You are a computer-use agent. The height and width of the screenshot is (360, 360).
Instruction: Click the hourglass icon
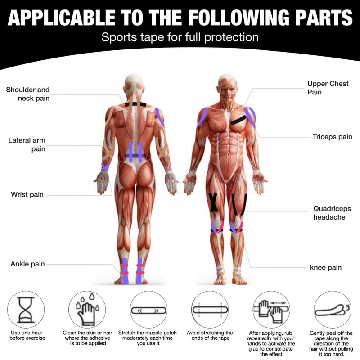coord(26,310)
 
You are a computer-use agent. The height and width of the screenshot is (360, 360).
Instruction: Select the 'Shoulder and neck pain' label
coord(28,94)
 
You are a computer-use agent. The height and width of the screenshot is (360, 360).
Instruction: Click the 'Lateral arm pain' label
coord(27,145)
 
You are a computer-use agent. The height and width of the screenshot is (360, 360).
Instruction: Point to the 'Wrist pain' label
coord(27,195)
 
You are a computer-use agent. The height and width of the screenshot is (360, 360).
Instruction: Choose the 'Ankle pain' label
coord(27,264)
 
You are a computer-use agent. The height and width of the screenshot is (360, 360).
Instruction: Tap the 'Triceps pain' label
coord(333,136)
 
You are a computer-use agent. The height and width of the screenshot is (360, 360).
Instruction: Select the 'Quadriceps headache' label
coord(329,213)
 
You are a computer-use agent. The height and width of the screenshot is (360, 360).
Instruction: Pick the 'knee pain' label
coord(326,267)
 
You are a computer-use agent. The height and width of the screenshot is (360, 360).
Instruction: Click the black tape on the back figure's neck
coord(135,104)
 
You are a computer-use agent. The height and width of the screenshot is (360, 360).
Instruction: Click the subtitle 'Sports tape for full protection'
coord(180,37)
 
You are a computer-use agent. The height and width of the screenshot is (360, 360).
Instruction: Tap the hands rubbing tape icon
coord(271,310)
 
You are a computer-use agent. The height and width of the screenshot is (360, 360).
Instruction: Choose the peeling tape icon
coord(332,310)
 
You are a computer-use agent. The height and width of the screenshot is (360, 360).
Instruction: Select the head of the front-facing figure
coord(227,85)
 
